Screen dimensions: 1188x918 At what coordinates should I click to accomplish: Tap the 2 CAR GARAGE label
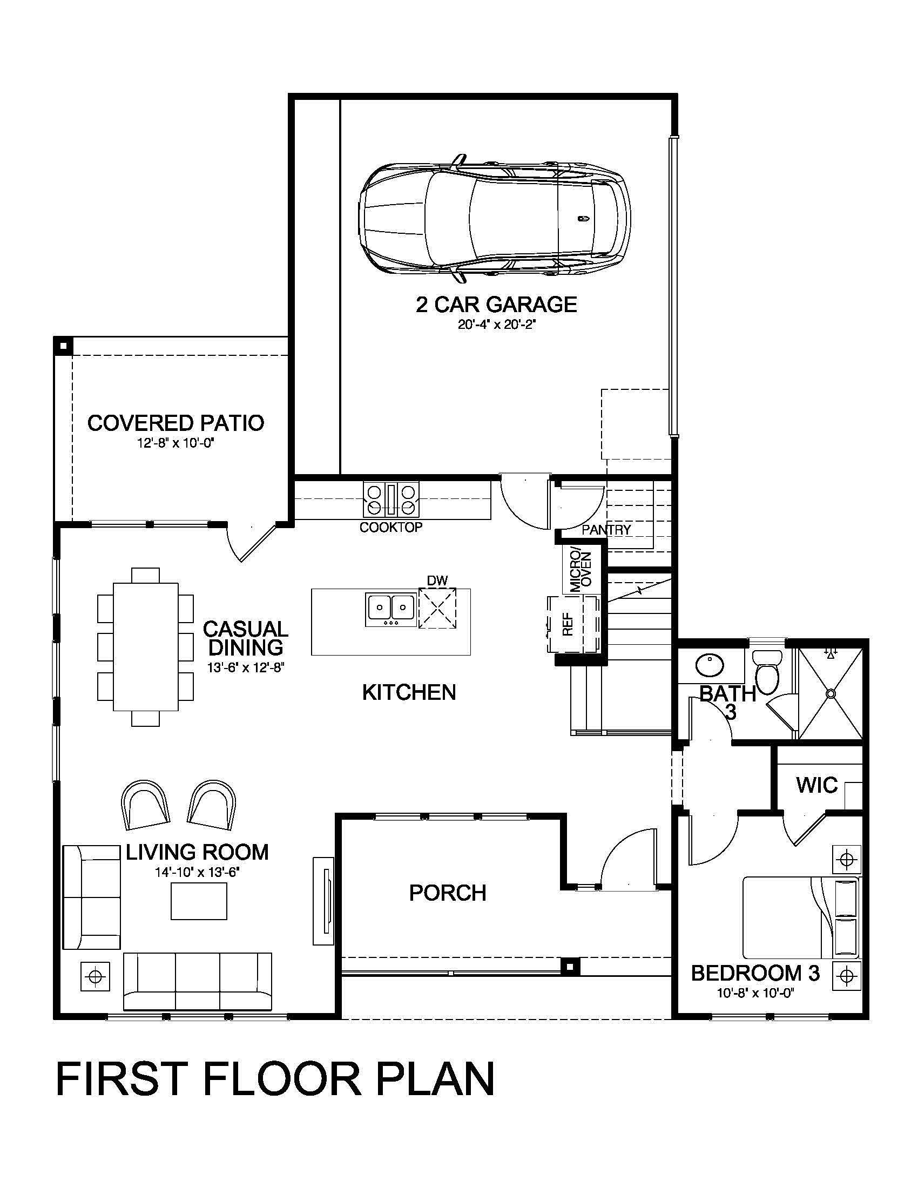pyautogui.click(x=496, y=304)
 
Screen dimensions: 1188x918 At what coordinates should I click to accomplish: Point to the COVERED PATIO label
pyautogui.click(x=175, y=423)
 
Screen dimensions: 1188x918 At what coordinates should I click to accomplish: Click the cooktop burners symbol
pyautogui.click(x=391, y=500)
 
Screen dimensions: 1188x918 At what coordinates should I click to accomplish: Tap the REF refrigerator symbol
pyautogui.click(x=567, y=624)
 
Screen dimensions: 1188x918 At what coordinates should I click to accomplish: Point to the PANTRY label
pyautogui.click(x=606, y=529)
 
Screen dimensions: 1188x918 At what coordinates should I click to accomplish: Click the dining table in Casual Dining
pyautogui.click(x=146, y=647)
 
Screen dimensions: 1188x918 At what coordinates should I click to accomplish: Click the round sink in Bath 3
pyautogui.click(x=709, y=664)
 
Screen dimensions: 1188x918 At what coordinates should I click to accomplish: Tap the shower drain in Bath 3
pyautogui.click(x=831, y=693)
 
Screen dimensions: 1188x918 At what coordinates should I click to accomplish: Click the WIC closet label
pyautogui.click(x=817, y=785)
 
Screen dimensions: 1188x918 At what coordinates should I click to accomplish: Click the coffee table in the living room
pyautogui.click(x=199, y=901)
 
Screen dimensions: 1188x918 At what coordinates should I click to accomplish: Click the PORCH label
pyautogui.click(x=447, y=893)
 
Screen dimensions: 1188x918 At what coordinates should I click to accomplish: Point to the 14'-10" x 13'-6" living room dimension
pyautogui.click(x=198, y=873)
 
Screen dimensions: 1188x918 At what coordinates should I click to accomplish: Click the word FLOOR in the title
pyautogui.click(x=282, y=1078)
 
